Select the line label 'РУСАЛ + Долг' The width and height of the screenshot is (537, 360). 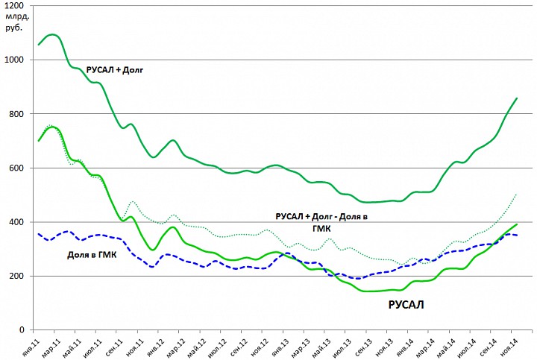coord(114,70)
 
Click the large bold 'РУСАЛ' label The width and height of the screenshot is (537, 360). coord(407,304)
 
